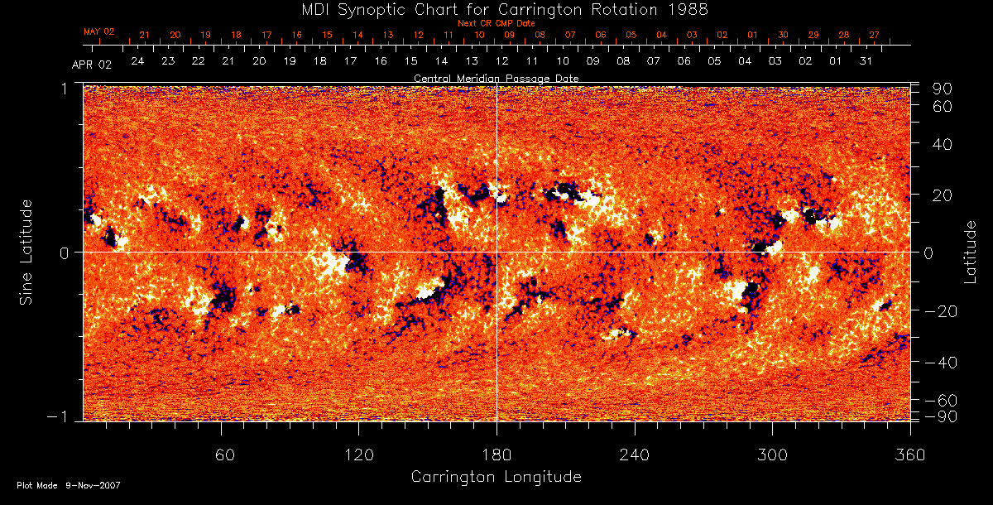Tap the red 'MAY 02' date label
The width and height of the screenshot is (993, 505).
coord(98,31)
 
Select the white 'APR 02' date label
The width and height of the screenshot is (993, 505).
coord(91,65)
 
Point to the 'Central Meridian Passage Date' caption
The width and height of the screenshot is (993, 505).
coord(496,78)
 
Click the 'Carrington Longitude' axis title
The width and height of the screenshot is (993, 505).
coord(496,477)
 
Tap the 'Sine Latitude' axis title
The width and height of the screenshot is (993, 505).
coord(27,252)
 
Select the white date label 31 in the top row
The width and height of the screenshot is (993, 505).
coord(866,62)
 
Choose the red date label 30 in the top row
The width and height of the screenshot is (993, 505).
coord(783,36)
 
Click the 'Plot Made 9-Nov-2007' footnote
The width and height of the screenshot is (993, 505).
coord(69,485)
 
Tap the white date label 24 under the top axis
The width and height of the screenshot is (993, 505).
coord(137,62)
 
